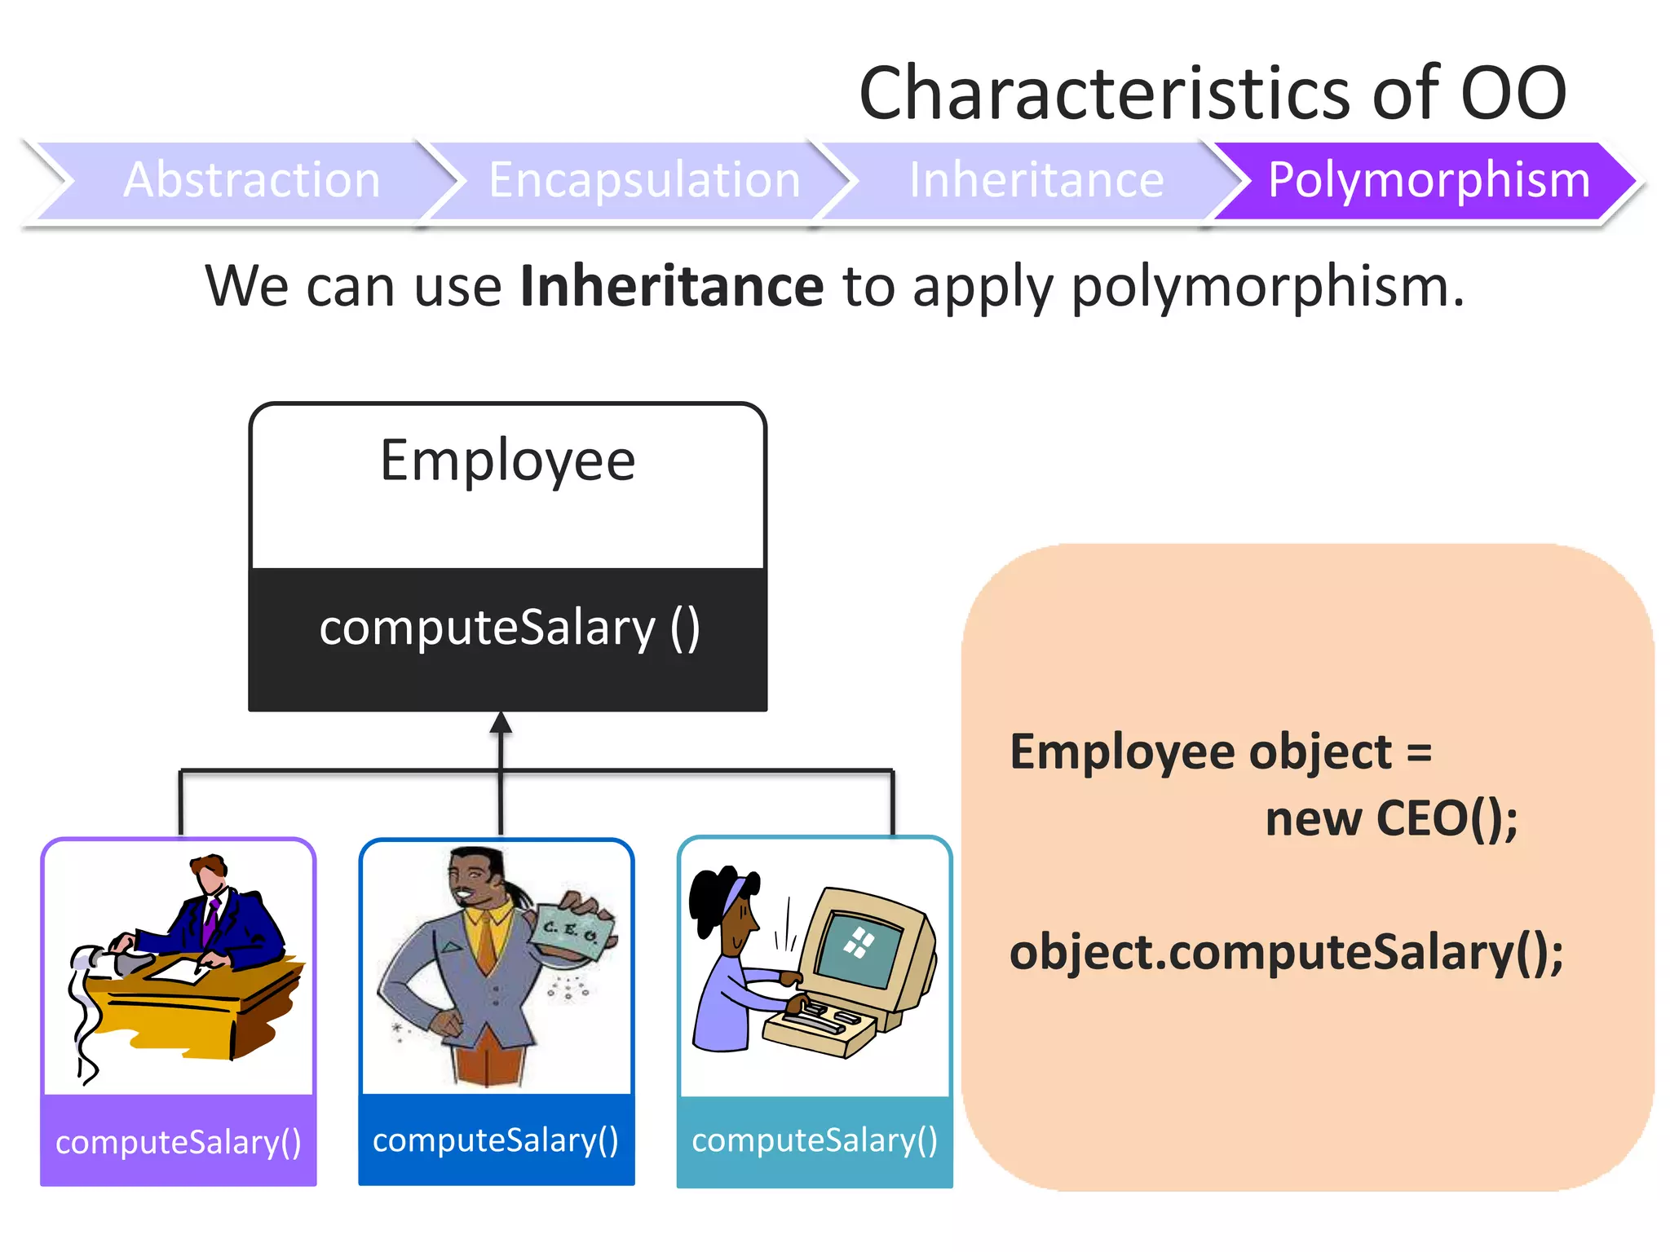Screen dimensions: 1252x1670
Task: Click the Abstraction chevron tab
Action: pyautogui.click(x=251, y=180)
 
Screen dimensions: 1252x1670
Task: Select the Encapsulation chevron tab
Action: pyautogui.click(x=644, y=180)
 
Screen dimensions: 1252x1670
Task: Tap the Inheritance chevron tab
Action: pyautogui.click(x=1036, y=180)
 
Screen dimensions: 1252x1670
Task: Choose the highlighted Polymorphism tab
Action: pyautogui.click(x=1429, y=180)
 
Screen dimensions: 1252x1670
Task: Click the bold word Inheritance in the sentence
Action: pyautogui.click(x=672, y=287)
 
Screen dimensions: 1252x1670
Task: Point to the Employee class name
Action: pyautogui.click(x=507, y=461)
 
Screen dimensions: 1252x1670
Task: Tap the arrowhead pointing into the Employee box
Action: pyautogui.click(x=501, y=723)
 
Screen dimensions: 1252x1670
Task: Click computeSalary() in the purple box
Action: pyautogui.click(x=178, y=1142)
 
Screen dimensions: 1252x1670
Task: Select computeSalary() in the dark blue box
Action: pyautogui.click(x=496, y=1140)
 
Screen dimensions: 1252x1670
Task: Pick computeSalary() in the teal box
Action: pyautogui.click(x=814, y=1140)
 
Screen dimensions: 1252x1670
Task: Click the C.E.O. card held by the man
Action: pyautogui.click(x=571, y=932)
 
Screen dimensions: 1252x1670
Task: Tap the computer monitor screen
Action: pyautogui.click(x=860, y=946)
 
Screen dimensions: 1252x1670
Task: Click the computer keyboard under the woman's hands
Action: pyautogui.click(x=824, y=1019)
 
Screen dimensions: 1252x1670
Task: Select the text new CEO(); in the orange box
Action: pyautogui.click(x=1391, y=818)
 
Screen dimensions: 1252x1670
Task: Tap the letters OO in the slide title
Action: pyautogui.click(x=1513, y=93)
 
